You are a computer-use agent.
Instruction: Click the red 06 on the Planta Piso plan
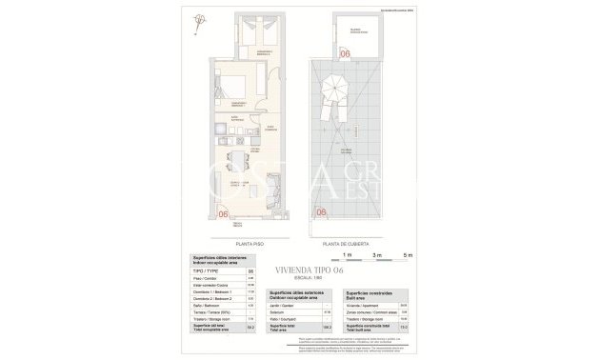pos(224,212)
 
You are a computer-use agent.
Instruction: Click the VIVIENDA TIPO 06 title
pos(339,269)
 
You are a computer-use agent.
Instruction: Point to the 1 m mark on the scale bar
pos(348,256)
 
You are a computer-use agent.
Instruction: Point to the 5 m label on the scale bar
pos(408,256)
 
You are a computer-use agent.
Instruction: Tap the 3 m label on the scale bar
pos(377,256)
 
